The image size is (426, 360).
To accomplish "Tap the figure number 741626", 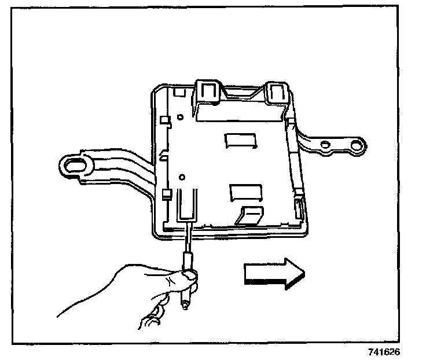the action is click(x=383, y=352).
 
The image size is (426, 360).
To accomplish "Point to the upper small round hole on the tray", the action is click(x=181, y=117).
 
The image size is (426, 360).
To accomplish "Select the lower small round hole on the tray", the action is click(x=182, y=177).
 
